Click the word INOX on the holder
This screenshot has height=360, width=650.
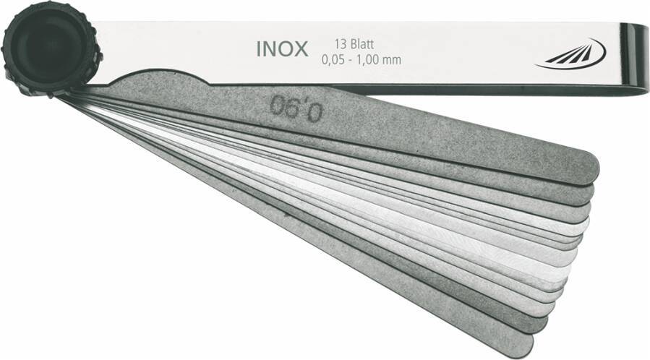click(282, 49)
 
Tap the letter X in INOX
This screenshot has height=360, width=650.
click(301, 49)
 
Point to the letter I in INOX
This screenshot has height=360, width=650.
click(258, 49)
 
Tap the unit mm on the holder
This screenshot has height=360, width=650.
click(392, 61)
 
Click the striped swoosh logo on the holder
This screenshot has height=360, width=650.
click(571, 56)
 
